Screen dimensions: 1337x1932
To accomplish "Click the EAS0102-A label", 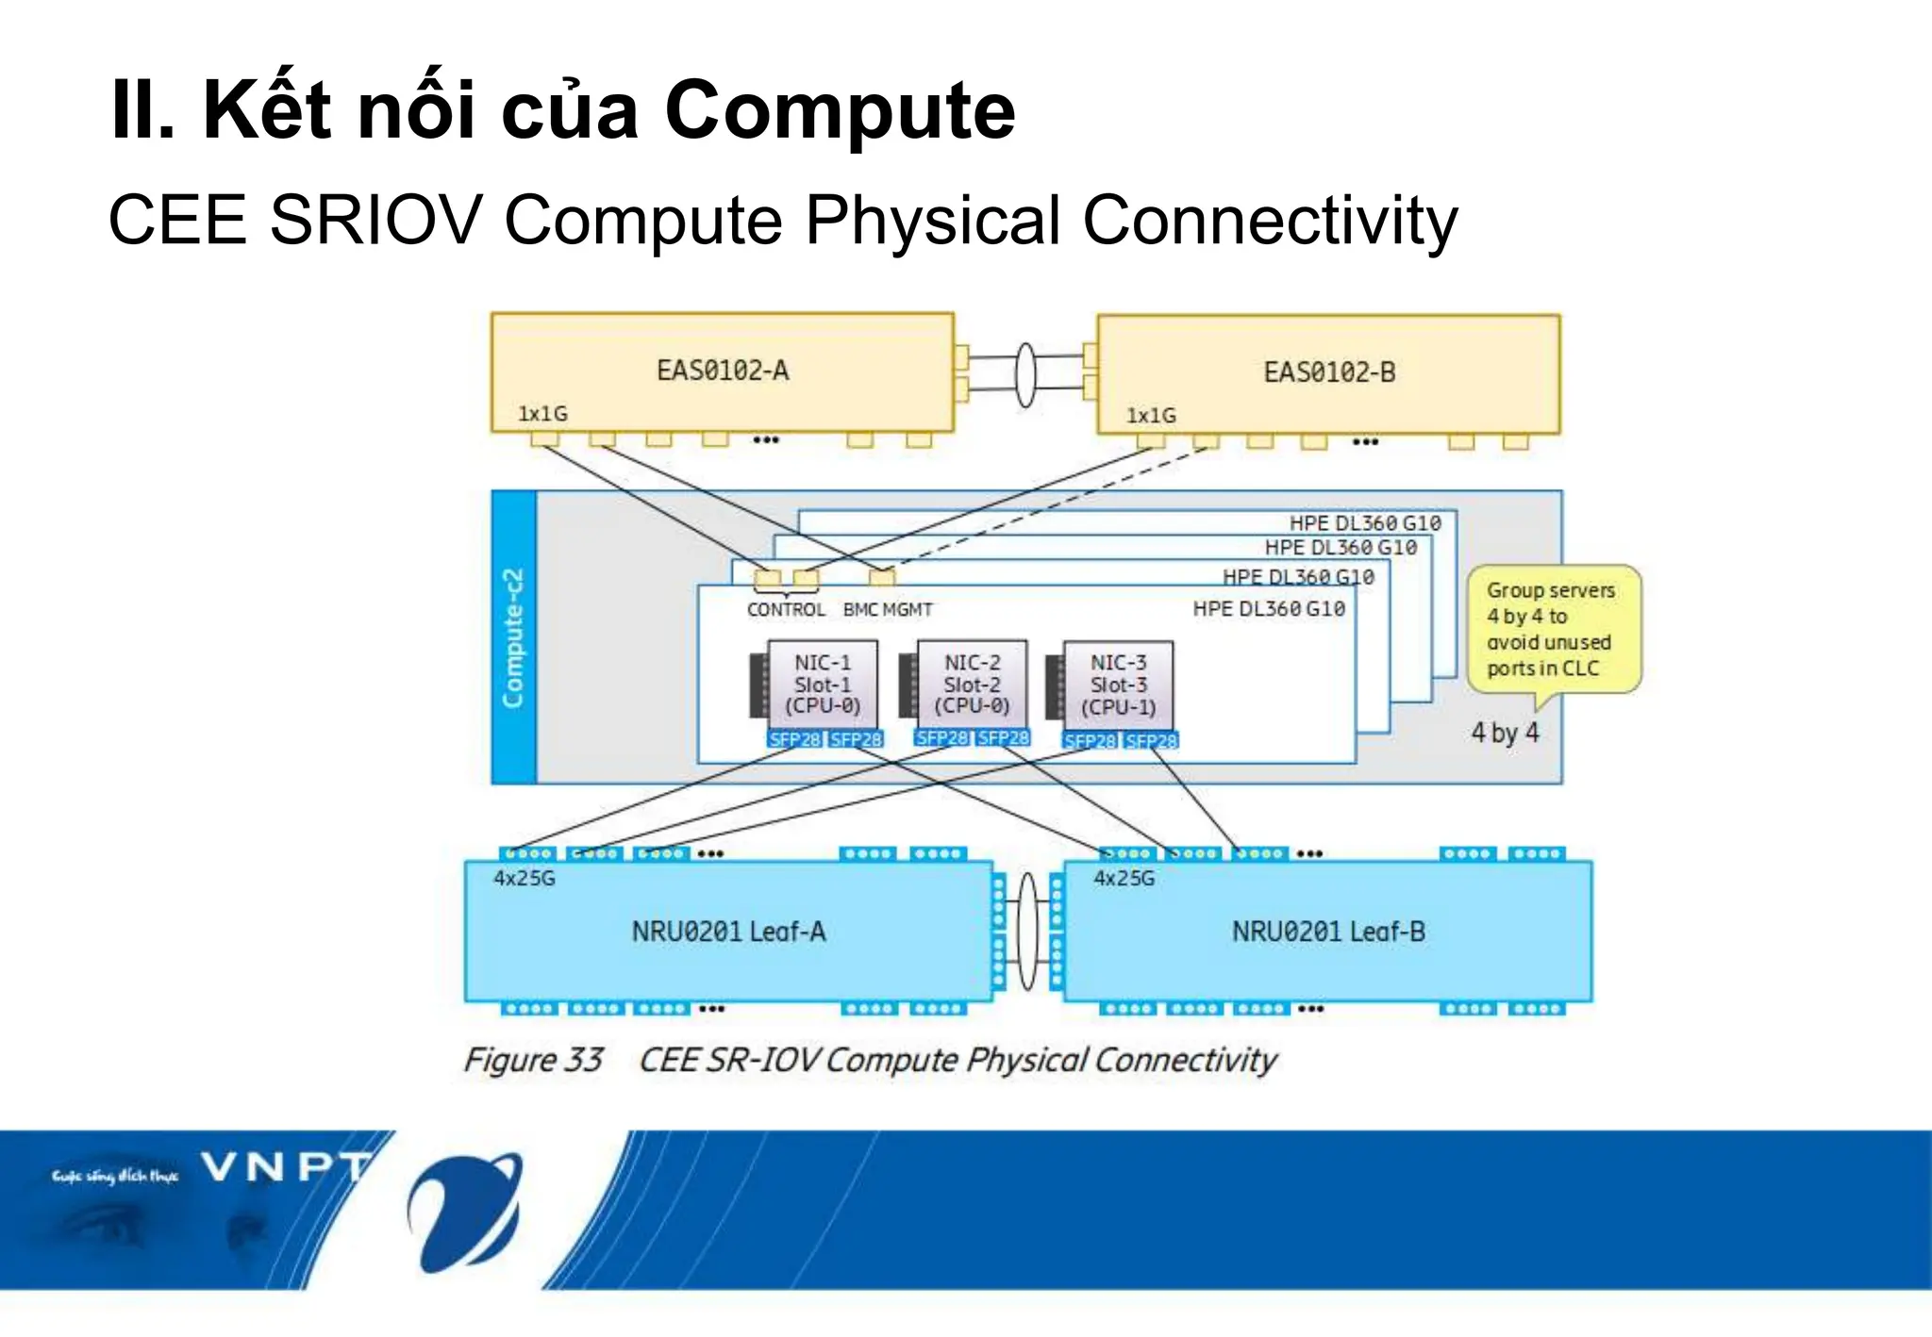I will point(723,370).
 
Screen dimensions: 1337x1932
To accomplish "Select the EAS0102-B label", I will point(1328,371).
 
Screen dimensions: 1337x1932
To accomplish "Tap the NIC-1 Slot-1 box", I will point(823,685).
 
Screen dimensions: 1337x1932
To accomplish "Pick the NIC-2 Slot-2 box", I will point(972,685).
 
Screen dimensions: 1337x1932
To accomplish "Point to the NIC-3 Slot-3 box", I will point(1118,685).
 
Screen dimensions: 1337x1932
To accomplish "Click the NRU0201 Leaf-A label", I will point(728,932).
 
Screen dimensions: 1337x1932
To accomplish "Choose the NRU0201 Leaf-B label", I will point(1328,932).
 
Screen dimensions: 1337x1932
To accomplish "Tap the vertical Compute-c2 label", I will point(513,638).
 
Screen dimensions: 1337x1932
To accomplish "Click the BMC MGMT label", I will point(887,610).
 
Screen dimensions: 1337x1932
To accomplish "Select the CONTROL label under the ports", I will point(785,610).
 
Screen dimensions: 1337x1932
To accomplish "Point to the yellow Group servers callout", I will point(1552,629).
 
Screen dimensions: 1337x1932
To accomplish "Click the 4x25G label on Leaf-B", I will point(1123,879).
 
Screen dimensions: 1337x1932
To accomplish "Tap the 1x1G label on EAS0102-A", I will point(542,414).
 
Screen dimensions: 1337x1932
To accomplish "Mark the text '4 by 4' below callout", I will point(1505,733).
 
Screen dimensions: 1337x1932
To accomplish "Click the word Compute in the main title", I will point(839,110).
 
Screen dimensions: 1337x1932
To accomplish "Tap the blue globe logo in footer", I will point(465,1211).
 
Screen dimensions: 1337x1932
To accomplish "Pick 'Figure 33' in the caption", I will point(533,1060).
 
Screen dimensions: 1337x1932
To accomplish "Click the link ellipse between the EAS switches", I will point(1024,374).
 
